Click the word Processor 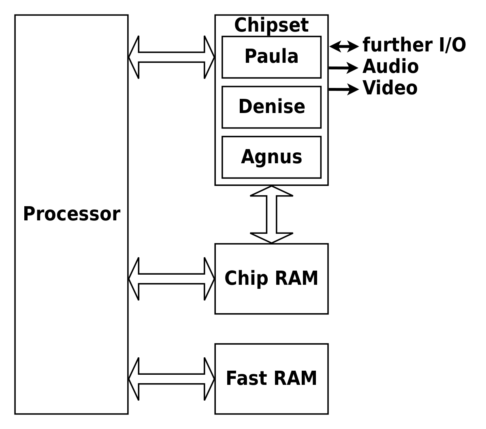coord(71,214)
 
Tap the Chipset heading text coord(271,26)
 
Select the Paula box coord(271,57)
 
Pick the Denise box coord(271,107)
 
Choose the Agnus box coord(271,157)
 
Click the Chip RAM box coord(271,279)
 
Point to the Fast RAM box coord(271,379)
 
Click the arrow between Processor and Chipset coord(171,57)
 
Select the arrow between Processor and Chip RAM coord(171,279)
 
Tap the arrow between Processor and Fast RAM coord(171,379)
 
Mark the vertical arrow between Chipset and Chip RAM coord(271,214)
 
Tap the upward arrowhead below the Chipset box coord(271,191)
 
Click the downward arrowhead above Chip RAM coord(271,238)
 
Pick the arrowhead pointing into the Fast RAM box coord(209,379)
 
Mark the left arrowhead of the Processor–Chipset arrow coord(134,57)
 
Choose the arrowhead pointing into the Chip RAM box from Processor coord(209,279)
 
